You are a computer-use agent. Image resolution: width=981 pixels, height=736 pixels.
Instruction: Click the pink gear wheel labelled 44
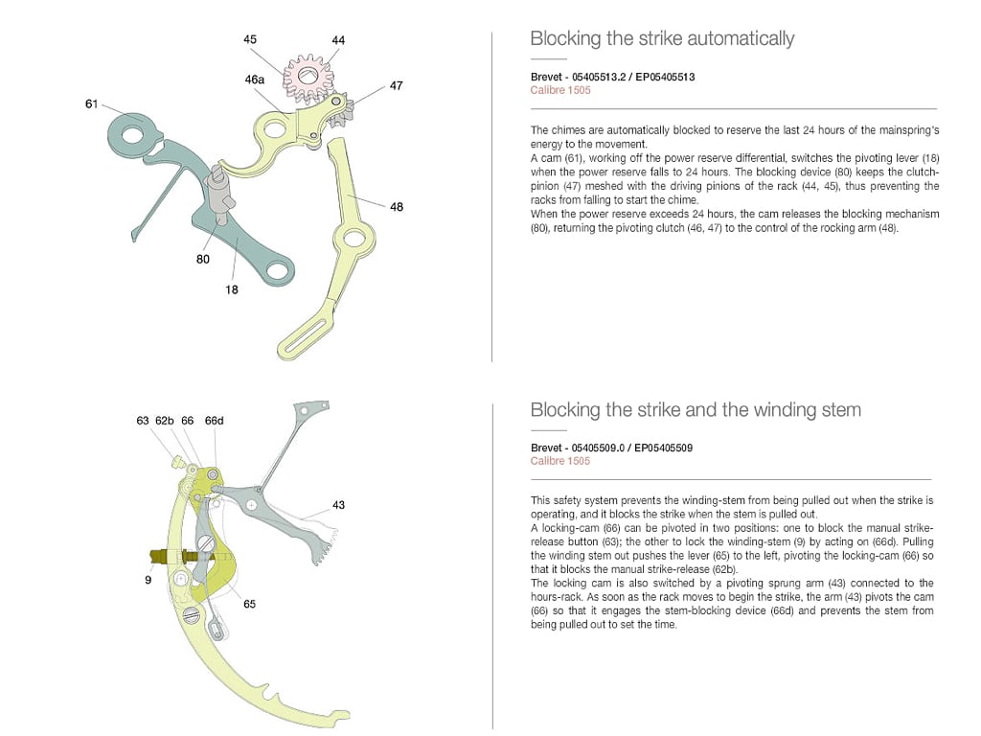click(308, 74)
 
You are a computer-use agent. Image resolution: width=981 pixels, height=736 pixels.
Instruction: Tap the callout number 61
click(92, 103)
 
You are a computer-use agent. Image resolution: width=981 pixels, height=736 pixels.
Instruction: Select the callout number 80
click(202, 259)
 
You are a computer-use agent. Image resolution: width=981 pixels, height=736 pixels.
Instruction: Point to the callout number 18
click(232, 289)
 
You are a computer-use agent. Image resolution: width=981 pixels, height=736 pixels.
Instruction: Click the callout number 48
click(396, 206)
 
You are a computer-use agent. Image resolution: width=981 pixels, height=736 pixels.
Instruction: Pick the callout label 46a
click(255, 80)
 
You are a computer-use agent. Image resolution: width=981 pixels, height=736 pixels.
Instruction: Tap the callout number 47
click(396, 85)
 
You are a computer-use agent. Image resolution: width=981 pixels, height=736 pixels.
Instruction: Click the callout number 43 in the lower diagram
click(338, 504)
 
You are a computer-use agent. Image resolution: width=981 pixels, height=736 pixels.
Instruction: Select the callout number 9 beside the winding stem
click(148, 579)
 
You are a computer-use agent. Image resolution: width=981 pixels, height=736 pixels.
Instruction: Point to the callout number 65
click(249, 604)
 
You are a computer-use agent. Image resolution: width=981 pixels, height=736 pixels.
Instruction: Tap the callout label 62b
click(165, 420)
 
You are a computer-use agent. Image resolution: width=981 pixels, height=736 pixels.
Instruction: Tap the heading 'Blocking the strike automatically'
click(662, 38)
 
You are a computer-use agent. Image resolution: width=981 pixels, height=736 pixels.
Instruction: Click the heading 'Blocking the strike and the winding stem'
click(696, 410)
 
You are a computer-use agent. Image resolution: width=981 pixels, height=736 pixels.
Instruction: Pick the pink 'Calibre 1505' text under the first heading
click(560, 90)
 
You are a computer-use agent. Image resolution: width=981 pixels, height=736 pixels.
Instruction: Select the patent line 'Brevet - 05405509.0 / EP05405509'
click(612, 448)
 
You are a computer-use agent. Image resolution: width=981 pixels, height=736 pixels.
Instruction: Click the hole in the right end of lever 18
click(277, 272)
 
